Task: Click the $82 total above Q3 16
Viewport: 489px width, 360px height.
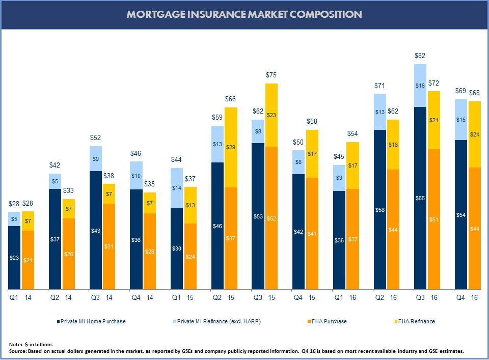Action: click(420, 56)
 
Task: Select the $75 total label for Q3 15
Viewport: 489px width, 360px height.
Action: click(271, 75)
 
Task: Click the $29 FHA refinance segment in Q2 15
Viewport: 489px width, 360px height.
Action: click(231, 147)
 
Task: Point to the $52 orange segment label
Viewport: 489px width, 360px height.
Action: click(271, 218)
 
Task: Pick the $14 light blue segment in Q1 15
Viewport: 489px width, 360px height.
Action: click(177, 188)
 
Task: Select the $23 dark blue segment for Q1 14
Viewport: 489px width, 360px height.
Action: click(14, 258)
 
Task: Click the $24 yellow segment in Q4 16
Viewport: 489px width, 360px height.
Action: click(475, 135)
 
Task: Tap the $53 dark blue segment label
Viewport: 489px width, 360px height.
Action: click(258, 217)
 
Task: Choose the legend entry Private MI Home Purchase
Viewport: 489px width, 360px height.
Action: click(92, 321)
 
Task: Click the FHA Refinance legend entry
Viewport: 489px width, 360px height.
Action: click(416, 321)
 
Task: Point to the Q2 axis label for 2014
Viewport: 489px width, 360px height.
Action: click(55, 297)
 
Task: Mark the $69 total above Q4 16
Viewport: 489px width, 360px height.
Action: click(461, 91)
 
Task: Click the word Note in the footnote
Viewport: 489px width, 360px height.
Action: click(15, 345)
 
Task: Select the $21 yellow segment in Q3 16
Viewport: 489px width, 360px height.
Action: click(434, 120)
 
